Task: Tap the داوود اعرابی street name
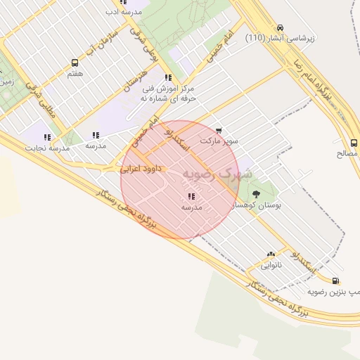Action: tap(141, 169)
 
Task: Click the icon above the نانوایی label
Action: tap(271, 255)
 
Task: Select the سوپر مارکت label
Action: tap(219, 141)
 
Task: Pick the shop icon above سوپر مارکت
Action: tap(219, 131)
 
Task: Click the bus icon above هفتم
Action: tap(75, 63)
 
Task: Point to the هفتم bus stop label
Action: tap(75, 73)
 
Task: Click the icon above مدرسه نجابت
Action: tap(47, 137)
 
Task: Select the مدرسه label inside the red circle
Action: tap(191, 207)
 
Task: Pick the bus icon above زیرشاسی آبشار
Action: tap(281, 27)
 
